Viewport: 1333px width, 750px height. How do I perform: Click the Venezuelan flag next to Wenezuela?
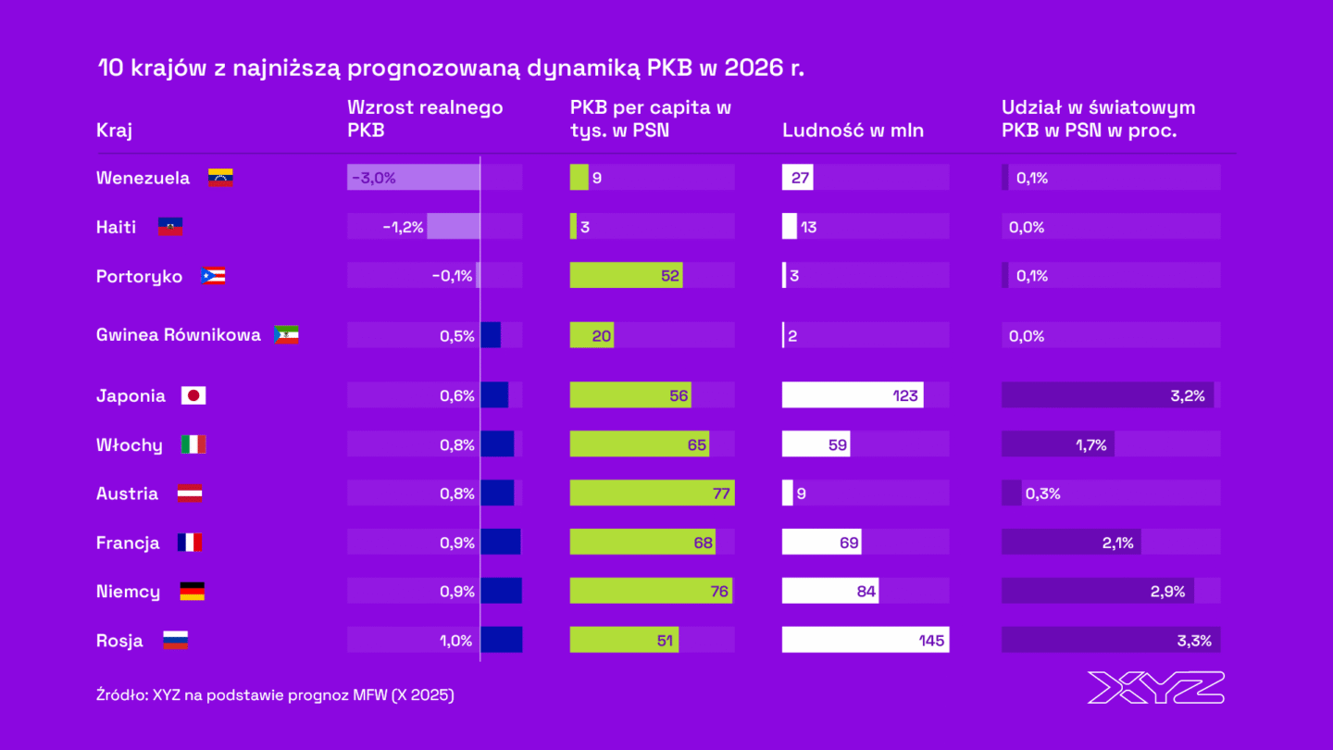pos(219,178)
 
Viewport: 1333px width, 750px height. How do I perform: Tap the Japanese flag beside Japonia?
pos(193,395)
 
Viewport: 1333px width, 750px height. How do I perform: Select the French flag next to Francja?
pos(189,543)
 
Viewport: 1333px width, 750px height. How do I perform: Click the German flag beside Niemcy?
pos(192,592)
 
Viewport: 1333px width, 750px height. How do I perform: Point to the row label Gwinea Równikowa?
pos(178,335)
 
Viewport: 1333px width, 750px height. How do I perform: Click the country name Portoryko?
pos(139,277)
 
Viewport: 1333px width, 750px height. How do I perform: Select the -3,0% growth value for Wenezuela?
pos(373,178)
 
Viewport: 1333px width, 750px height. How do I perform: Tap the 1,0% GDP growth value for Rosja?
pos(457,641)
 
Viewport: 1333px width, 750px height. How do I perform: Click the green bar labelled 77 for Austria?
pos(652,494)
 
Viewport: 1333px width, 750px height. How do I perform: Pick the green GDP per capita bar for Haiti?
pos(573,227)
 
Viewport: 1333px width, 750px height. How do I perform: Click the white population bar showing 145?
pos(865,641)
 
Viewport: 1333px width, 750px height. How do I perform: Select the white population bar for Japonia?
pos(852,395)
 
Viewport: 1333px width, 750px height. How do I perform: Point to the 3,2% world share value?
pos(1187,395)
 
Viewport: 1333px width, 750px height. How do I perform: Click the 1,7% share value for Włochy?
pos(1091,445)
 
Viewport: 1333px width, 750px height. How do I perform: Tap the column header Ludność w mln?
pos(853,131)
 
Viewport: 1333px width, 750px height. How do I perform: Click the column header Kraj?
pos(114,131)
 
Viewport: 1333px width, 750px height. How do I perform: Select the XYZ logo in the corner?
pos(1155,687)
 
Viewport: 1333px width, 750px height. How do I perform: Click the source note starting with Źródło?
pos(275,694)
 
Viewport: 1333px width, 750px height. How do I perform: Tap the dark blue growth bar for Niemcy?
pos(501,592)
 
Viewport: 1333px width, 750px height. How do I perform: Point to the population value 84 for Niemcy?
pos(866,592)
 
